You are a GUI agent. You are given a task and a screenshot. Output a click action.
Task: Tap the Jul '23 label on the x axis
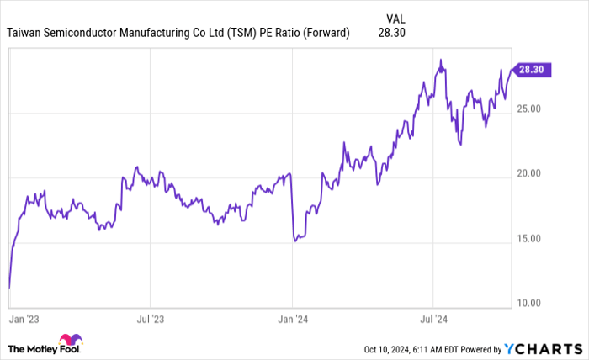[x=150, y=320]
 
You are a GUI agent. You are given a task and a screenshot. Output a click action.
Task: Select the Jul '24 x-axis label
[x=433, y=320]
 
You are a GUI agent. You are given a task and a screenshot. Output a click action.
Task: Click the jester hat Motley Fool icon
[x=72, y=341]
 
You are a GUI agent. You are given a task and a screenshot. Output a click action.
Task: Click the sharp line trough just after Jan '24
[x=295, y=241]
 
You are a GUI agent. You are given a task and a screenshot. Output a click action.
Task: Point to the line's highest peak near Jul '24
[x=440, y=61]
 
